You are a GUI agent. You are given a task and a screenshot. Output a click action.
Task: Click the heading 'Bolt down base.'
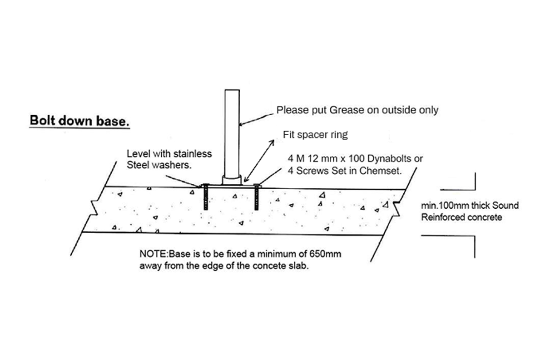[x=79, y=122]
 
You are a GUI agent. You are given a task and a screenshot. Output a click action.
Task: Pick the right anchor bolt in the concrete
[x=258, y=197]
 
